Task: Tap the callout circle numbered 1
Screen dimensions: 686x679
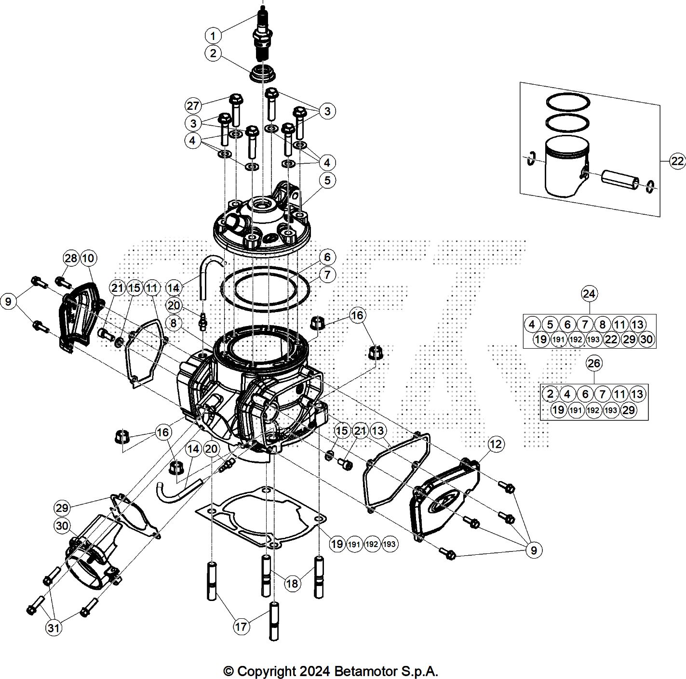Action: pyautogui.click(x=213, y=36)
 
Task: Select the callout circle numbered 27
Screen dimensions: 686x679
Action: pyautogui.click(x=193, y=105)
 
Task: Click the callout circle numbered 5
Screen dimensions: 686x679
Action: pyautogui.click(x=327, y=180)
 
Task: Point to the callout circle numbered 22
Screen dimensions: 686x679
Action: pyautogui.click(x=677, y=161)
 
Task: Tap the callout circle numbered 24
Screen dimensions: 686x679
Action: pyautogui.click(x=589, y=294)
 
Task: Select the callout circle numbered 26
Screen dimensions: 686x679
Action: pyautogui.click(x=594, y=363)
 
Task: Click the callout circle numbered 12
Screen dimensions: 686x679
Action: pyautogui.click(x=496, y=444)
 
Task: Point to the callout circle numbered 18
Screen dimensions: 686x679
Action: pyautogui.click(x=292, y=584)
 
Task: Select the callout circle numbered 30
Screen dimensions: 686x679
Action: pyautogui.click(x=62, y=526)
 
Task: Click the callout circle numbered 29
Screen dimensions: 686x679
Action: pyautogui.click(x=62, y=508)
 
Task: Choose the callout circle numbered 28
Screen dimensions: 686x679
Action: pyautogui.click(x=71, y=258)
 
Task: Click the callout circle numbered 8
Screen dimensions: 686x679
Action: pyautogui.click(x=174, y=323)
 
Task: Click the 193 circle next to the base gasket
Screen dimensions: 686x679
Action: pyautogui.click(x=390, y=544)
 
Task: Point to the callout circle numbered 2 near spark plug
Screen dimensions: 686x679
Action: pyautogui.click(x=213, y=53)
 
